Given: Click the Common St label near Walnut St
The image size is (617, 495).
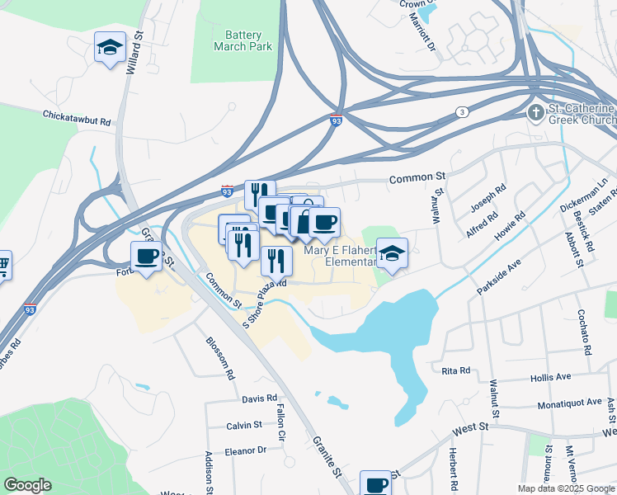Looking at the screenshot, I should [x=417, y=177].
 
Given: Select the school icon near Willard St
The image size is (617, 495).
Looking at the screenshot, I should [x=109, y=47].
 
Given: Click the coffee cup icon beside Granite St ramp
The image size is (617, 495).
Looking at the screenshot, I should [x=147, y=257].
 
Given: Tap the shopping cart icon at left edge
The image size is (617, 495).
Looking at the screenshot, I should [x=2, y=265].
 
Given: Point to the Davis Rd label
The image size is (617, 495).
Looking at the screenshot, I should [x=259, y=398].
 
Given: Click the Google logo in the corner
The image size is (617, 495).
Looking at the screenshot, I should [x=27, y=486].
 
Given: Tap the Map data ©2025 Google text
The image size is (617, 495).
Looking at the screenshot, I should [x=565, y=488].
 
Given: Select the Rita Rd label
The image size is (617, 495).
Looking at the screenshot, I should [x=455, y=370].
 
